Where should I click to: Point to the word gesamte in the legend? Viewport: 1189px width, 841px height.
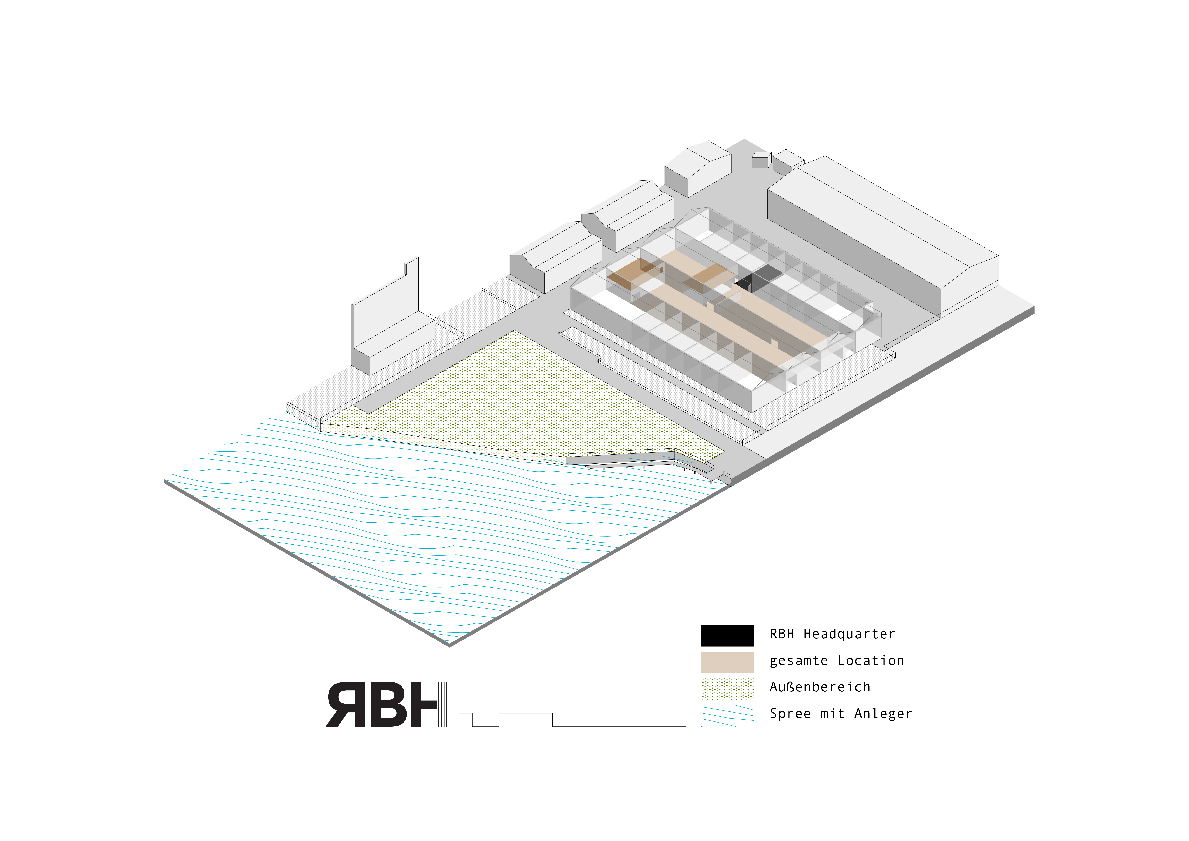pyautogui.click(x=799, y=661)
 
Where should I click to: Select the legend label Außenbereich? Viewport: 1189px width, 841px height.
pyautogui.click(x=820, y=687)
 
